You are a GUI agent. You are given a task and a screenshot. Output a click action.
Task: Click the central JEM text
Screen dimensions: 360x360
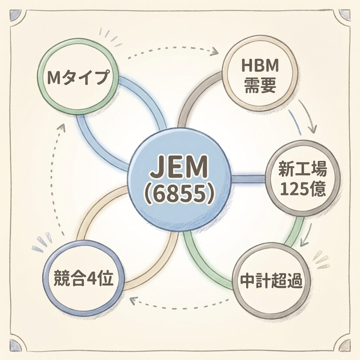[179, 168]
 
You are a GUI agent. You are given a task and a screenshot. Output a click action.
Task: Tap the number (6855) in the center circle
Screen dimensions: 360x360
[179, 194]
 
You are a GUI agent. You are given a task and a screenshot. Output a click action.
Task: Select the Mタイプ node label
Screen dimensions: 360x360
[77, 76]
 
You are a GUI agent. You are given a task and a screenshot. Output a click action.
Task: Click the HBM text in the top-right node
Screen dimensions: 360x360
[261, 65]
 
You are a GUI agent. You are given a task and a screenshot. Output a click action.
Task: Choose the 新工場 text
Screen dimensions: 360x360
[302, 170]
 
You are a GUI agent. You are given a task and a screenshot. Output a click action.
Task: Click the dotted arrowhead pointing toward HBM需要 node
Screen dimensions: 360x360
[213, 53]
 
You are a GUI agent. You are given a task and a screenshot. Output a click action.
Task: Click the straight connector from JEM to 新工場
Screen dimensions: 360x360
[248, 179]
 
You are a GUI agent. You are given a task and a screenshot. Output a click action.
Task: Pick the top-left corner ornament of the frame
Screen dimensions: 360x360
[16, 15]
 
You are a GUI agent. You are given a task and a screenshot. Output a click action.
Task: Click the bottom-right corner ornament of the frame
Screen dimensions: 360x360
[344, 345]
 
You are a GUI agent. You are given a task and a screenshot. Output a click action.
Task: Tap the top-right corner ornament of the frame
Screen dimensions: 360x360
[344, 15]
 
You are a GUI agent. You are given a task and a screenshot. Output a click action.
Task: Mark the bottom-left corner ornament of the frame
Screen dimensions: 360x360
[16, 345]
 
